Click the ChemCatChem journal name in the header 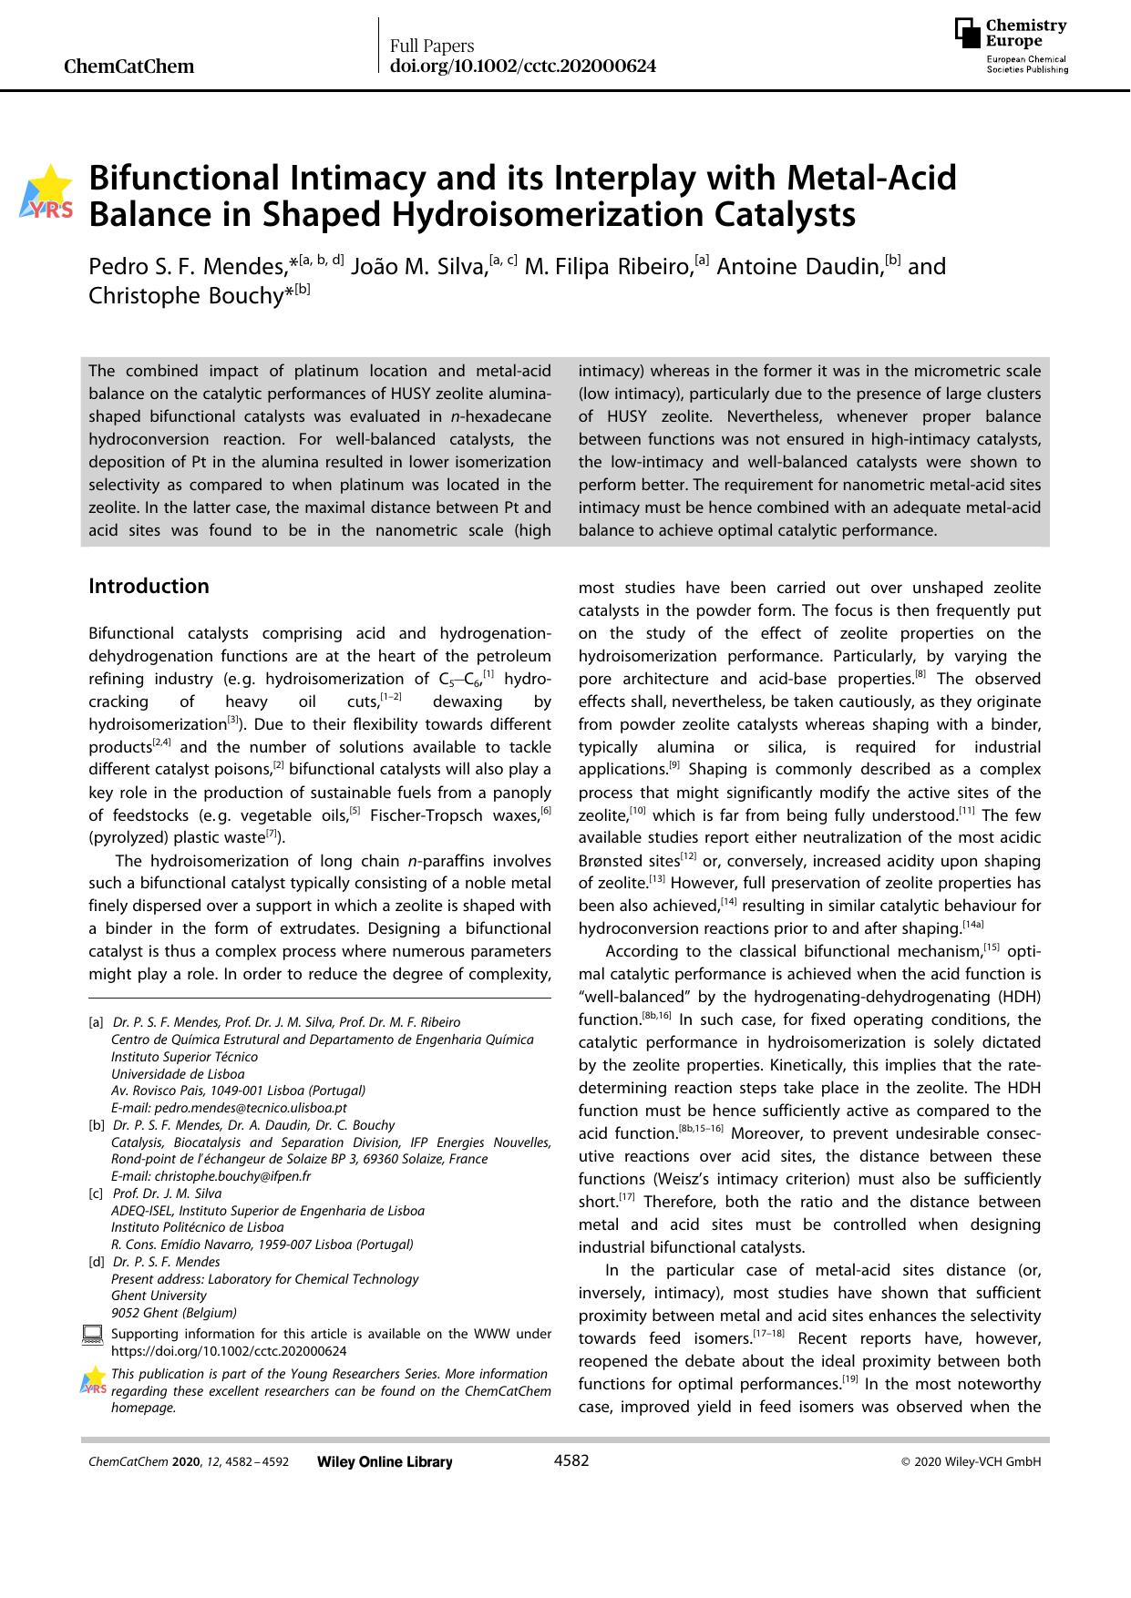tap(129, 67)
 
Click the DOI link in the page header tap(522, 67)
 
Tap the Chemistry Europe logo tap(1011, 46)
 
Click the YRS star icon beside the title tap(50, 192)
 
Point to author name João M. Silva tap(418, 267)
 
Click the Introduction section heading tap(149, 586)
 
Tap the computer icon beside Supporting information tap(92, 1336)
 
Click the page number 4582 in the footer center tap(571, 1461)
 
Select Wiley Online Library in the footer tap(384, 1462)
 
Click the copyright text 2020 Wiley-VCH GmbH tap(976, 1462)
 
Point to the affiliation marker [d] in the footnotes tap(96, 1262)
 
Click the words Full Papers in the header tap(432, 46)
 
